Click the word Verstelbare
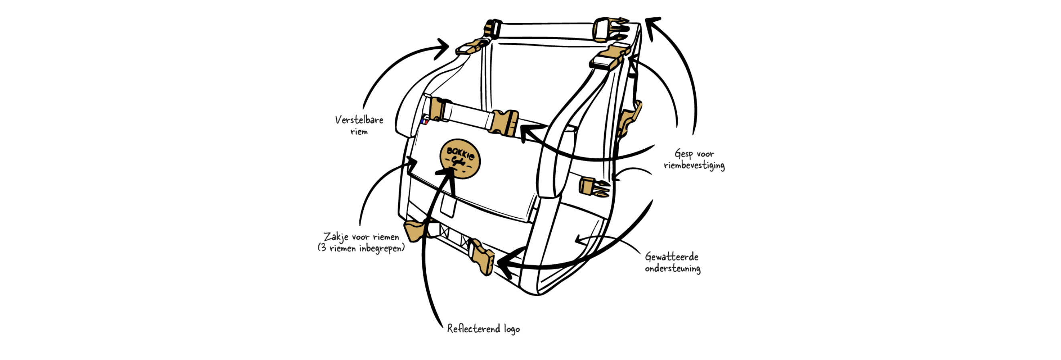(x=359, y=120)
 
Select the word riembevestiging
(x=694, y=166)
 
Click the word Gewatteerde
(x=671, y=257)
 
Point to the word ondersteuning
(x=672, y=269)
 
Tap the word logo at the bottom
(x=512, y=329)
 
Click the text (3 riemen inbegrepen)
(x=361, y=249)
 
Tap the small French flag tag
(x=425, y=121)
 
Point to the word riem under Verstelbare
(x=359, y=132)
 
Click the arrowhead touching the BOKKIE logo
(x=449, y=175)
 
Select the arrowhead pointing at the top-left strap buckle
(x=443, y=47)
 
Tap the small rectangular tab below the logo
(x=448, y=206)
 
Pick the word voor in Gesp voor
(x=706, y=154)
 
